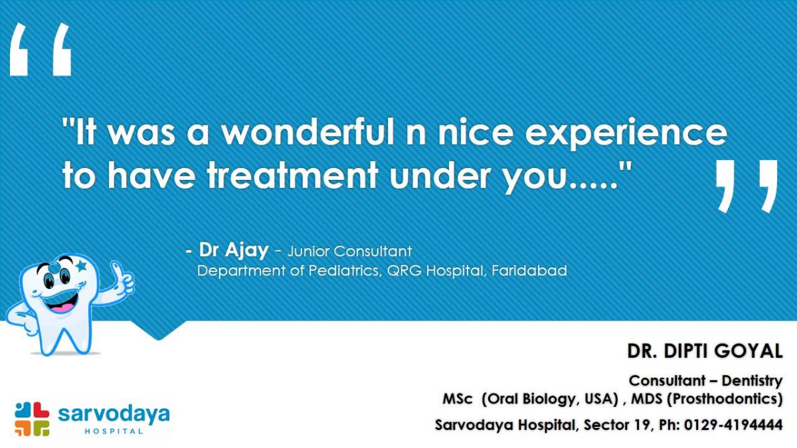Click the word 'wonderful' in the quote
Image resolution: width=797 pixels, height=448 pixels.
[x=308, y=132]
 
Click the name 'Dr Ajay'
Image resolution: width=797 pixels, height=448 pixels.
[x=234, y=250]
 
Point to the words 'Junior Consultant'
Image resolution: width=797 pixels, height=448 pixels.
[x=349, y=252]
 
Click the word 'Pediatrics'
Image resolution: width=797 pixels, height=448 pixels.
[x=345, y=271]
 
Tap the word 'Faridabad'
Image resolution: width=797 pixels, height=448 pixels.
[x=529, y=271]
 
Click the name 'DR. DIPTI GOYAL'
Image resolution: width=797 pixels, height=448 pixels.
[x=705, y=351]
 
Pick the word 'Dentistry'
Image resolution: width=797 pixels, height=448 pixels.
[x=752, y=381]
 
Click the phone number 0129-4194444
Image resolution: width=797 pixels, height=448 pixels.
[x=733, y=425]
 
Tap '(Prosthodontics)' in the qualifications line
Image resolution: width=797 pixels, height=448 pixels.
[x=725, y=399]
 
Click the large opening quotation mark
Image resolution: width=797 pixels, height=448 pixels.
[x=41, y=49]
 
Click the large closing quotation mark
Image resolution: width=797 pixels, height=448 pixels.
[x=747, y=186]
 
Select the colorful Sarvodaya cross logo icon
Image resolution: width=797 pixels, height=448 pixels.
[x=32, y=419]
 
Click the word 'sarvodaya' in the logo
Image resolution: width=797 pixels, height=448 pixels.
[x=114, y=415]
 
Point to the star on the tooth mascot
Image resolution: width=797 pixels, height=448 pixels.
[x=81, y=265]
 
